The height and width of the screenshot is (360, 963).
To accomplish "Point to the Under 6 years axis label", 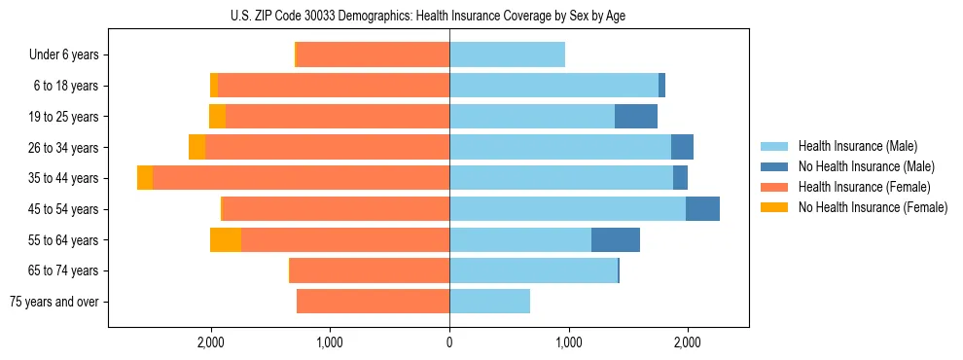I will (64, 55).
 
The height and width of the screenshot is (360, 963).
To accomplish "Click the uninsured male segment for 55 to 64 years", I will (616, 240).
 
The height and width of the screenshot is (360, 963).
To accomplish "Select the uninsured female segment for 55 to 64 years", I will (226, 240).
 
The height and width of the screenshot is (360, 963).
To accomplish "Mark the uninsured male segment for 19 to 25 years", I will (636, 117).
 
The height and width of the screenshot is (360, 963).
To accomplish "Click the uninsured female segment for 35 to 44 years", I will (145, 178).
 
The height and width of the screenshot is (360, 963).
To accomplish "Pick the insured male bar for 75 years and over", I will (489, 302).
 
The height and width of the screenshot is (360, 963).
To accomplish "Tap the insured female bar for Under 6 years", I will (373, 55).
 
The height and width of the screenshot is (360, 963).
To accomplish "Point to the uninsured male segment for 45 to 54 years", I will (702, 209).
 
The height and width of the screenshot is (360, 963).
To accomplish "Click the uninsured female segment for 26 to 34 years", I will (197, 148).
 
